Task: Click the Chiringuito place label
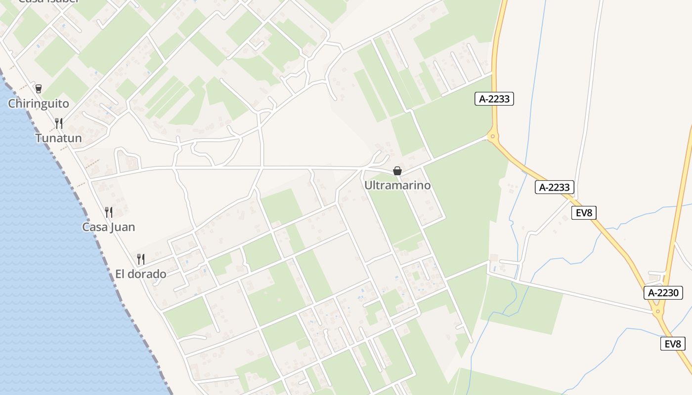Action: (x=39, y=104)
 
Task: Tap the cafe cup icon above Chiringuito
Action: (x=38, y=89)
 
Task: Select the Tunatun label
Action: (x=58, y=138)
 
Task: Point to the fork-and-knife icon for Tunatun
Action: (x=58, y=123)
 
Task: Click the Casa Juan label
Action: (x=108, y=227)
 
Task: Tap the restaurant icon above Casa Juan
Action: (x=109, y=212)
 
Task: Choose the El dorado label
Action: (x=140, y=274)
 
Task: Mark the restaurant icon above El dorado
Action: (x=141, y=259)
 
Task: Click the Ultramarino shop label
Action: (x=397, y=185)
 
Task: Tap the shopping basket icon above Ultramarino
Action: (x=397, y=171)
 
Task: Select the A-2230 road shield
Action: (x=664, y=292)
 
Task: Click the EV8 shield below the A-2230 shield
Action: (x=673, y=344)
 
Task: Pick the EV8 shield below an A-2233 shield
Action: (x=584, y=213)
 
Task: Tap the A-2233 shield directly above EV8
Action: (x=555, y=187)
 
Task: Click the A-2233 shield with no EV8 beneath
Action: (x=494, y=99)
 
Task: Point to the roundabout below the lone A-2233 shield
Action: (x=493, y=136)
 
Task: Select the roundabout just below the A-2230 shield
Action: (x=658, y=311)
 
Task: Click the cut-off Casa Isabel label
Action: (x=48, y=1)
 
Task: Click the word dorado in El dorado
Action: (x=147, y=274)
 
